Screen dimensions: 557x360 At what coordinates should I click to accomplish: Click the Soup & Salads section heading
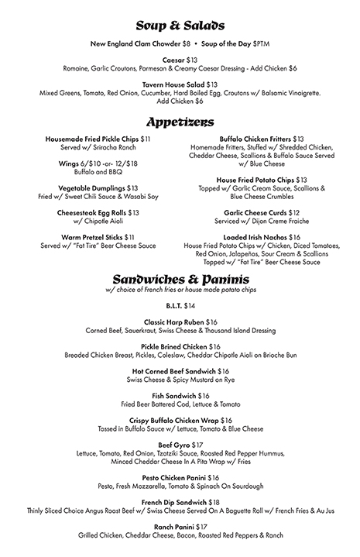180,26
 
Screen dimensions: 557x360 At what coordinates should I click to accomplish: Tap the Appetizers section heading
180,122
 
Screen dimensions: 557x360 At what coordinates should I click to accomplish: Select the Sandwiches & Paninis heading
180,278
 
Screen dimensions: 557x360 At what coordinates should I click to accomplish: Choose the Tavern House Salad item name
173,84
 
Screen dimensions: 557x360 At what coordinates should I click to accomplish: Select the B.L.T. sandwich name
173,307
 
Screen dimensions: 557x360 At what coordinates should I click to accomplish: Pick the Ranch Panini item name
173,527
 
